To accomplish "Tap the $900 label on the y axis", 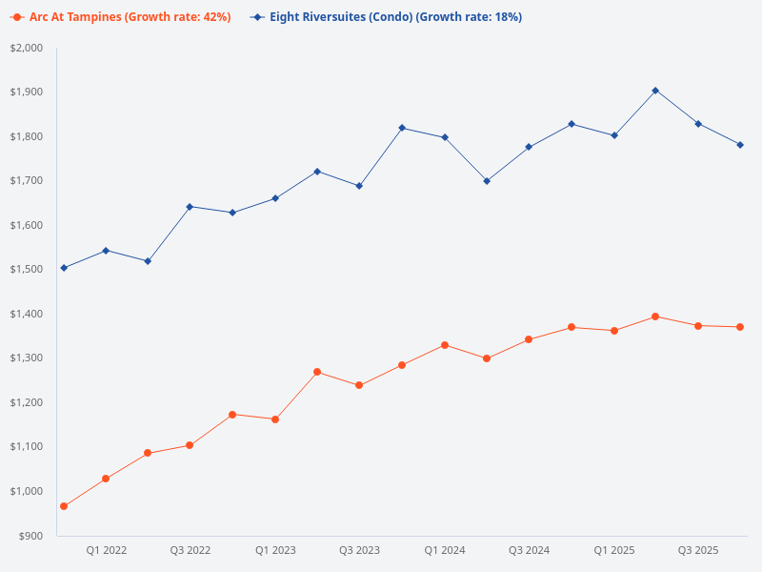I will [31, 536].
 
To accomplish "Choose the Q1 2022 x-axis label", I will [106, 550].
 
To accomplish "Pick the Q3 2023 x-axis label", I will [359, 550].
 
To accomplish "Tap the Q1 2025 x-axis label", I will [613, 550].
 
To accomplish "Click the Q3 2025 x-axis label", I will [698, 550].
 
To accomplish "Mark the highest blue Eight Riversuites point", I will [655, 91].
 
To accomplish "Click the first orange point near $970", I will [64, 506].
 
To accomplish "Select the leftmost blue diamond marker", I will [64, 268].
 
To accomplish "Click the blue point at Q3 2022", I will [190, 207].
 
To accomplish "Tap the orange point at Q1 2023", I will [275, 419].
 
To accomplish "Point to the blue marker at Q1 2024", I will [444, 137].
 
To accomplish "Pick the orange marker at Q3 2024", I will [529, 339].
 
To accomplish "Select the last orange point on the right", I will [740, 327].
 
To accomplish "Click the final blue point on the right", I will [740, 145].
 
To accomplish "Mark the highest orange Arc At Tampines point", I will [655, 317].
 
